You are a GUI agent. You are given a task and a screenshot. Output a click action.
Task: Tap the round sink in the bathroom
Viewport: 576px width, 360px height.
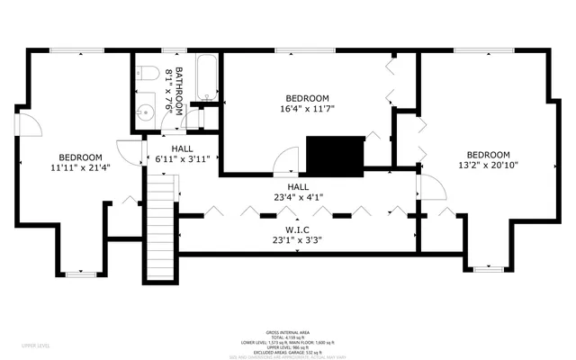(146, 113)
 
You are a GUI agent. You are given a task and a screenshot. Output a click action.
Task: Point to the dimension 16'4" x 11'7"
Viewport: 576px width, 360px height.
(307, 110)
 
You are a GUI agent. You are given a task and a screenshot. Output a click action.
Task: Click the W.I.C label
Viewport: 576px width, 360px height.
(296, 229)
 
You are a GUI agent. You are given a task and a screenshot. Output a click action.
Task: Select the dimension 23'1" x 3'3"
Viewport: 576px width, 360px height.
(296, 240)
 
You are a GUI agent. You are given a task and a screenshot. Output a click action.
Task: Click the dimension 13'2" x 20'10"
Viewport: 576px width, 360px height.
(488, 165)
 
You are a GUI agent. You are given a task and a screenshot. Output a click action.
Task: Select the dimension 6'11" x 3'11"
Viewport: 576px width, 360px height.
(182, 159)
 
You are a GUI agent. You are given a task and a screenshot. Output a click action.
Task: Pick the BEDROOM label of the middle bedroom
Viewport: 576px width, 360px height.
(307, 98)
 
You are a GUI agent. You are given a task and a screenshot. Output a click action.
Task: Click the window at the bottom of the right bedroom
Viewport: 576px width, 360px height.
(488, 267)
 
